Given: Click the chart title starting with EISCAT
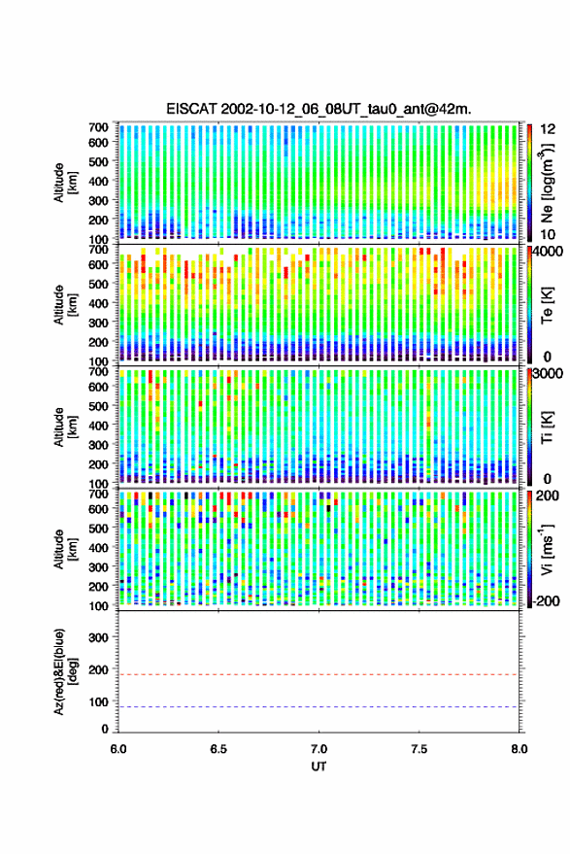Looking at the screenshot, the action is [319, 109].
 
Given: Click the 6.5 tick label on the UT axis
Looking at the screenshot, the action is [218, 749].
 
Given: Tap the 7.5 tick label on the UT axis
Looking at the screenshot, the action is [419, 749].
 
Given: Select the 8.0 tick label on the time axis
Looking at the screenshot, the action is [520, 749].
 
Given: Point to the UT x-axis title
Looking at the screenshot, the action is [319, 767].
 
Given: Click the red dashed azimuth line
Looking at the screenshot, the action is [319, 674].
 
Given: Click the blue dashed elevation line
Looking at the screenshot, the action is [319, 707].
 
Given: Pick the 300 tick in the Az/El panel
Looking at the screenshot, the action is [98, 637].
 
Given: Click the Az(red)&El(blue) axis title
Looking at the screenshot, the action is [65, 671].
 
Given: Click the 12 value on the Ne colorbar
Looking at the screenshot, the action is [549, 129].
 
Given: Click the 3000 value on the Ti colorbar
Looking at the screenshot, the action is [548, 374].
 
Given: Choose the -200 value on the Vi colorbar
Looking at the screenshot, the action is [548, 601].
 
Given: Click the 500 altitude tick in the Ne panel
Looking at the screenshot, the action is [98, 161].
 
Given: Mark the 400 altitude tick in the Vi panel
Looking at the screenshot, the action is [98, 547].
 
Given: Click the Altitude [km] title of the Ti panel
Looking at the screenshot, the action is [65, 427].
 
